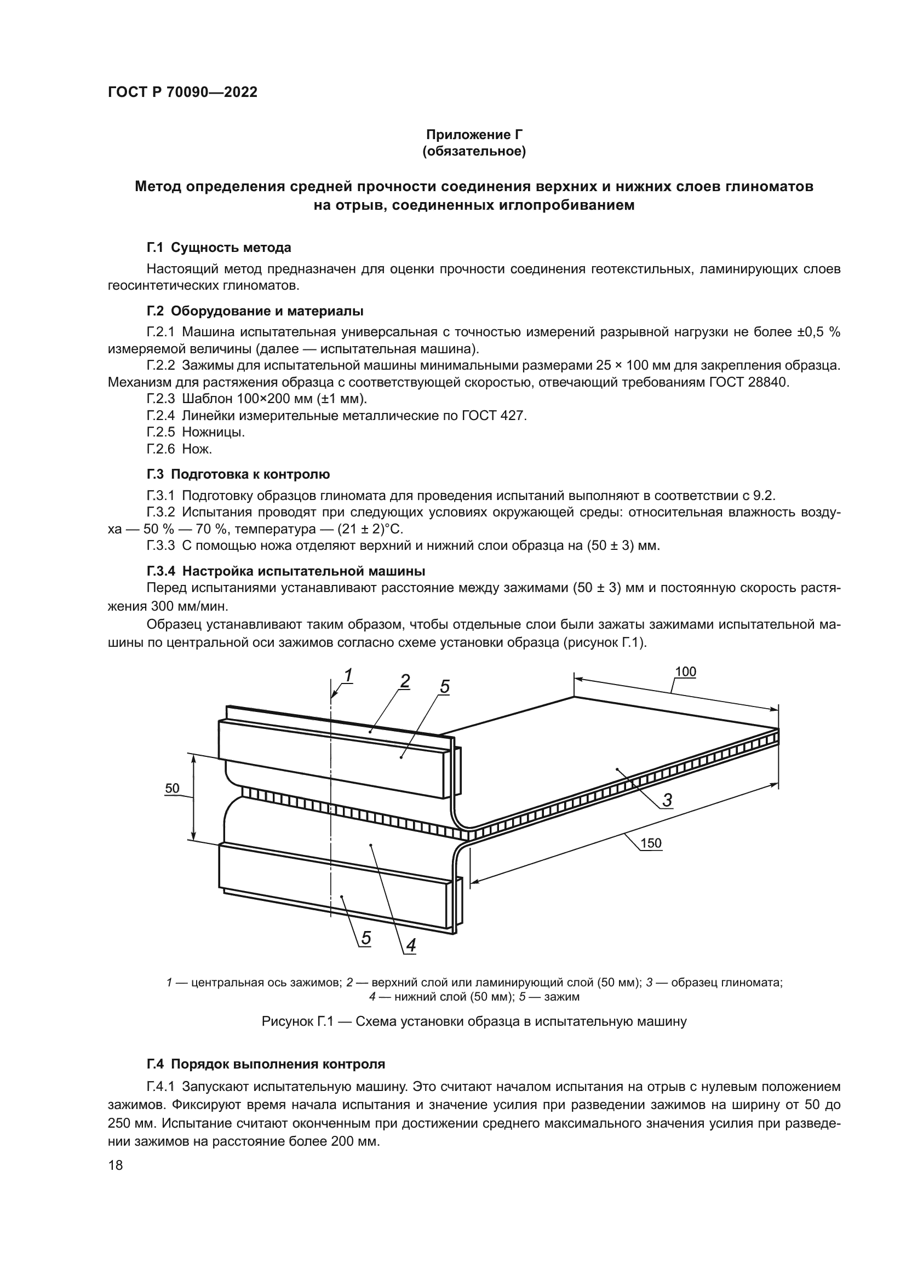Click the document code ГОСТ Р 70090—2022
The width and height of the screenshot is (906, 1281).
coord(182,93)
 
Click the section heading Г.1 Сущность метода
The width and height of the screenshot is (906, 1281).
coord(219,247)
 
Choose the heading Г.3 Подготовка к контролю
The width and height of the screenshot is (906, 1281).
coord(238,474)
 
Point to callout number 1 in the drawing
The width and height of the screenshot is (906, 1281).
coord(348,676)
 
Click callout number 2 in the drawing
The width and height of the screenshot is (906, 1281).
coord(405,681)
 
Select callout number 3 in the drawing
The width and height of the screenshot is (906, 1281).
coord(667,801)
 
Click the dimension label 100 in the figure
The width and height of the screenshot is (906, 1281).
coord(685,672)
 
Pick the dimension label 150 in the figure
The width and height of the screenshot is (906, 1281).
coord(651,843)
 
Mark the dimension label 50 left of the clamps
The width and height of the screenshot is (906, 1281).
coord(173,788)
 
